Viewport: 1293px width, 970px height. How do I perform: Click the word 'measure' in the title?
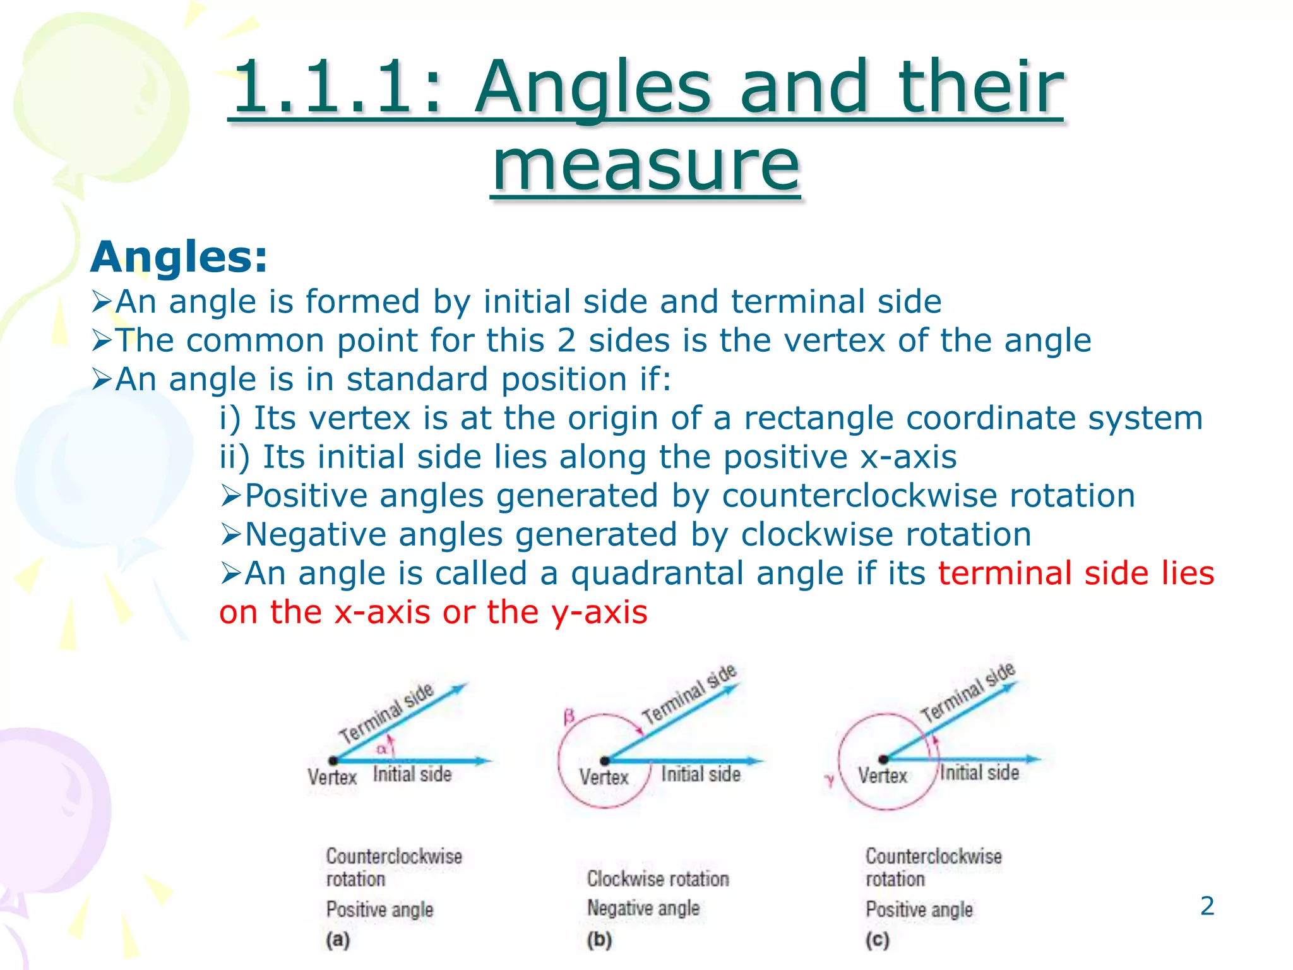[x=645, y=165]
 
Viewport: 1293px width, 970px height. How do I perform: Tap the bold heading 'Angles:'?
[x=179, y=258]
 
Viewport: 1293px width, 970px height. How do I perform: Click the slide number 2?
[x=1207, y=906]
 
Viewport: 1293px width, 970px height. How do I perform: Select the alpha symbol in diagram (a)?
[x=381, y=749]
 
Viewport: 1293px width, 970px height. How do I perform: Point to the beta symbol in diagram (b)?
[x=569, y=717]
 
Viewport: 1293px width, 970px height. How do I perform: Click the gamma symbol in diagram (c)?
[x=830, y=781]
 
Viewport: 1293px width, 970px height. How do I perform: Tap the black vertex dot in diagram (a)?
[x=333, y=761]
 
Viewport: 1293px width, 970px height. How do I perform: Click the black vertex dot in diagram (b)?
[x=604, y=761]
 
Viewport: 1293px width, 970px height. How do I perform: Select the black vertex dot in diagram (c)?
[x=883, y=759]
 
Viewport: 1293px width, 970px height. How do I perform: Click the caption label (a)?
[x=338, y=940]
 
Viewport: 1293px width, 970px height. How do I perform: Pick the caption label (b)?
[x=599, y=940]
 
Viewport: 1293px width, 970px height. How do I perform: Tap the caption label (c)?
[x=877, y=940]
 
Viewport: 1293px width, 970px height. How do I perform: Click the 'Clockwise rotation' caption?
[x=658, y=878]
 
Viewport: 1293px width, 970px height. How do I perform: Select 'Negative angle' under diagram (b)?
[x=643, y=908]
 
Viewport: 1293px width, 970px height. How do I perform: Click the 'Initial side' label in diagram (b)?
[x=701, y=774]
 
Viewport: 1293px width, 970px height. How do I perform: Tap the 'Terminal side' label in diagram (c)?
[x=967, y=693]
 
